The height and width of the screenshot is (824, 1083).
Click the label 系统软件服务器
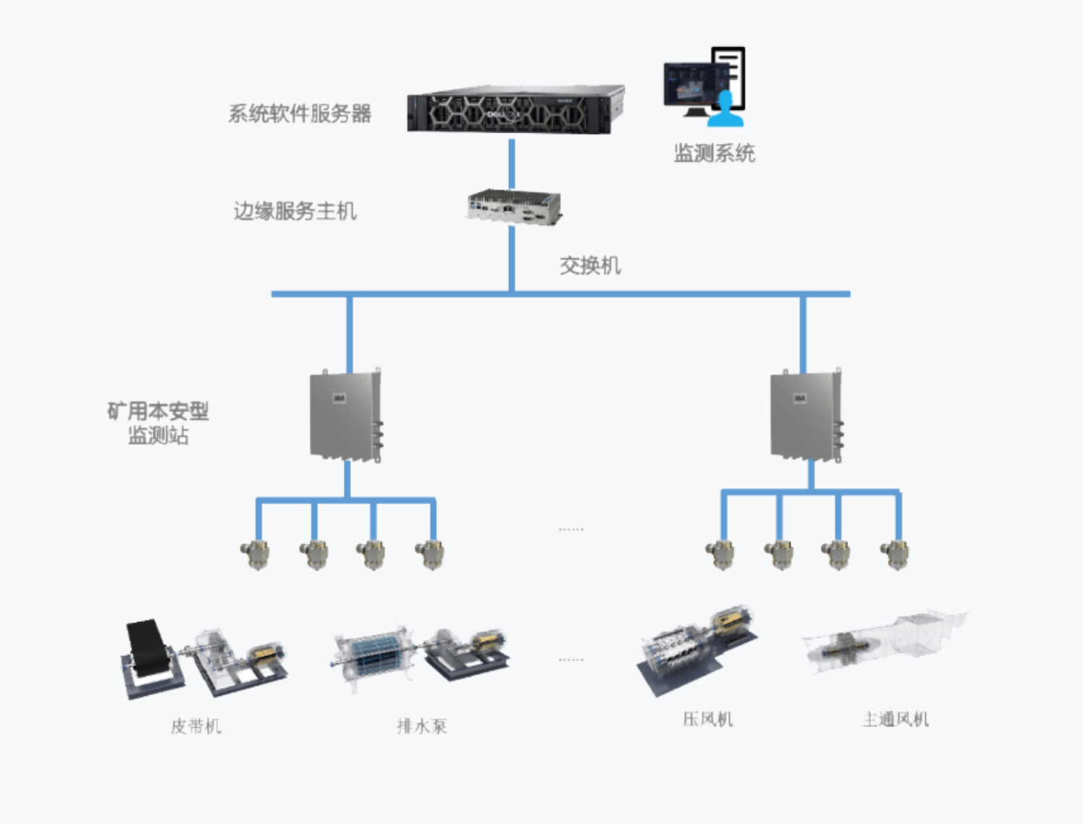click(300, 114)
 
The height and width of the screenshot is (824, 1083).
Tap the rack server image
click(515, 109)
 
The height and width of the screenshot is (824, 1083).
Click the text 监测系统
click(714, 154)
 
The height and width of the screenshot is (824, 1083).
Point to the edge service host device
click(513, 207)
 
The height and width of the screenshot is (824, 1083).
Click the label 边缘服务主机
click(295, 211)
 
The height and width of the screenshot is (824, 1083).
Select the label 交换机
click(590, 266)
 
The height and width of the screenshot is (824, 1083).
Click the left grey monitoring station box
click(345, 416)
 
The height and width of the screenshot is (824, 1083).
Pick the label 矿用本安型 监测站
click(158, 423)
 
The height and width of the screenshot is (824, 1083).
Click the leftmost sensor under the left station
click(256, 555)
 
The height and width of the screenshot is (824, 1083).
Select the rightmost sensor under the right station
click(895, 555)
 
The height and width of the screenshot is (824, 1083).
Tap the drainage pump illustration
click(421, 656)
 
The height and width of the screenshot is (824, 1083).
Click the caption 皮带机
click(196, 726)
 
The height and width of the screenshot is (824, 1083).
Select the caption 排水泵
click(422, 726)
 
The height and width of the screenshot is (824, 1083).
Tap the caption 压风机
click(708, 719)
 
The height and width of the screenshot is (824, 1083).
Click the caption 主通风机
click(896, 719)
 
